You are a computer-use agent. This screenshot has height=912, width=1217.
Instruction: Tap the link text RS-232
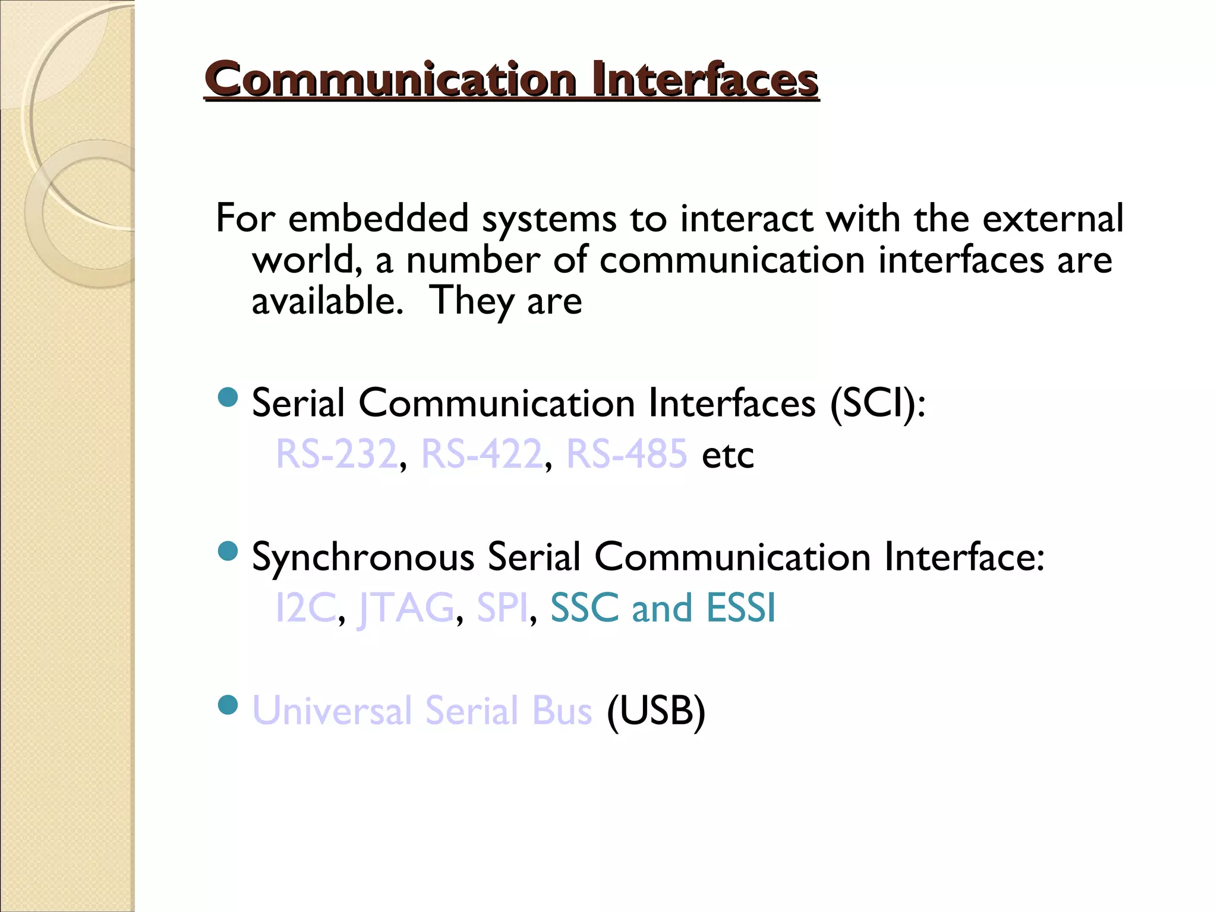pyautogui.click(x=336, y=454)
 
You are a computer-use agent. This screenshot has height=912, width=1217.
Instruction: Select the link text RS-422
pyautogui.click(x=481, y=454)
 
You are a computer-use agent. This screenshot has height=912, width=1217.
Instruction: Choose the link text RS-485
pyautogui.click(x=627, y=454)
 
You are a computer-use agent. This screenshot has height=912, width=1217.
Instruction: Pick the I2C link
pyautogui.click(x=306, y=608)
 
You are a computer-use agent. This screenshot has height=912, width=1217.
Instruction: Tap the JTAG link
pyautogui.click(x=407, y=608)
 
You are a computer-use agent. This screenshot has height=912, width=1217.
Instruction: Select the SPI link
pyautogui.click(x=502, y=608)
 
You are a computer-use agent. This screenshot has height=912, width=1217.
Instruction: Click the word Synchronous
pyautogui.click(x=363, y=557)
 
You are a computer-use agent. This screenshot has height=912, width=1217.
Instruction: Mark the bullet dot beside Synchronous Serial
pyautogui.click(x=228, y=551)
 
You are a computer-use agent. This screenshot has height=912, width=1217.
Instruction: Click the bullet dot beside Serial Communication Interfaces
pyautogui.click(x=228, y=397)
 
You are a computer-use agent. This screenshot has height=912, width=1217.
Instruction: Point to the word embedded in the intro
pyautogui.click(x=379, y=218)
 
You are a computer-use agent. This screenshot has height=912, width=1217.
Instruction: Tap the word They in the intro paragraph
pyautogui.click(x=472, y=301)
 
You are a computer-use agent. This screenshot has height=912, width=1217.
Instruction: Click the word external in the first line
pyautogui.click(x=1052, y=218)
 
